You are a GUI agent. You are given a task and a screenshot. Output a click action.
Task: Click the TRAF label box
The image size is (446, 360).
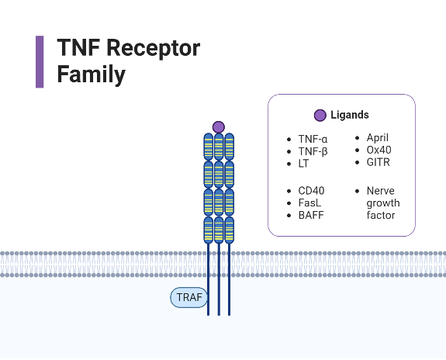tap(189, 297)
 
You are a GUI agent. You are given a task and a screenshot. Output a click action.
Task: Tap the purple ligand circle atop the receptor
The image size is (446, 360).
tap(219, 126)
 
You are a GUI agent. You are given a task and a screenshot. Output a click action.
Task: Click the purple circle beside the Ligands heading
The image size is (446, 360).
tap(320, 115)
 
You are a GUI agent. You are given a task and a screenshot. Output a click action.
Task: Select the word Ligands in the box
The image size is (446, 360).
tap(349, 115)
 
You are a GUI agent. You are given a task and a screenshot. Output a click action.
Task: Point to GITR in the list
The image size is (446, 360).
tap(379, 162)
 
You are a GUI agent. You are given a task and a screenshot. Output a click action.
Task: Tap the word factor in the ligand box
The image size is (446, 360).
tap(381, 215)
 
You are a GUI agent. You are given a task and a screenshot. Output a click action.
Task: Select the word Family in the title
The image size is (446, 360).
tap(92, 74)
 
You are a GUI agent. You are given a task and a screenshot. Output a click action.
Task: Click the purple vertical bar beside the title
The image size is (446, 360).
tap(40, 61)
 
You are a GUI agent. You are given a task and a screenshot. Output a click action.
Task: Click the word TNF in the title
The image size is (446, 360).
tap(78, 48)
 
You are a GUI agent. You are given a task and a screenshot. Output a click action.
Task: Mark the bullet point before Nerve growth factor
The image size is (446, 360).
tap(357, 190)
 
